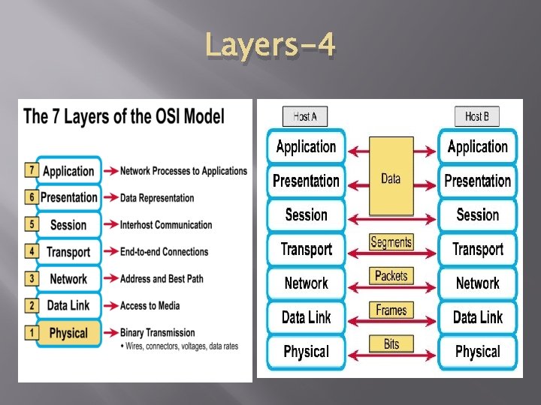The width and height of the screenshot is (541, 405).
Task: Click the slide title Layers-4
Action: (x=270, y=46)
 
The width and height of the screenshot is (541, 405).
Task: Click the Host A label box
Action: (x=304, y=117)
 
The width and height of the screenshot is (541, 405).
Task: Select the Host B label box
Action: (x=477, y=117)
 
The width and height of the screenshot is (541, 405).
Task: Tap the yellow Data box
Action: (x=391, y=178)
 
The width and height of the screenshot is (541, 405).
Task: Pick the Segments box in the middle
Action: (x=391, y=242)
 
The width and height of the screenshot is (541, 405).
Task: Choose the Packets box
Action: (x=391, y=276)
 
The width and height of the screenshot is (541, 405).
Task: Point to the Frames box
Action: (x=391, y=310)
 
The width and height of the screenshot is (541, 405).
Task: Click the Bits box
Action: (x=391, y=344)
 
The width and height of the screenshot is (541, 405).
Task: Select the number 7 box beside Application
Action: (x=32, y=170)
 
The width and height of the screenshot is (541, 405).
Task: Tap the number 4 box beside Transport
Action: (x=32, y=251)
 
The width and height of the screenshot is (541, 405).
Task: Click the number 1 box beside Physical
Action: (x=32, y=332)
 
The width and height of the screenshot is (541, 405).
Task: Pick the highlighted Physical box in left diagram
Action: (x=68, y=333)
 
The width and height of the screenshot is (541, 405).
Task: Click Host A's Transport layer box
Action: (x=306, y=249)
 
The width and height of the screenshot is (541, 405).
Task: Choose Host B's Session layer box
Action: (x=477, y=215)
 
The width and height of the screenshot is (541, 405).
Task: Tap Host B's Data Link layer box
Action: (x=477, y=317)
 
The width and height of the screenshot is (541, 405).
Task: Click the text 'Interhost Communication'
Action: (x=166, y=225)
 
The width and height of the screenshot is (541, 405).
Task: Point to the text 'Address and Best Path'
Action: (x=162, y=279)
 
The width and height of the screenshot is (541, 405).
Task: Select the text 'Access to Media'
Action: (x=150, y=306)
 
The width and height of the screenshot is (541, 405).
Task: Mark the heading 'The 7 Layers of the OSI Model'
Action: (x=124, y=117)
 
